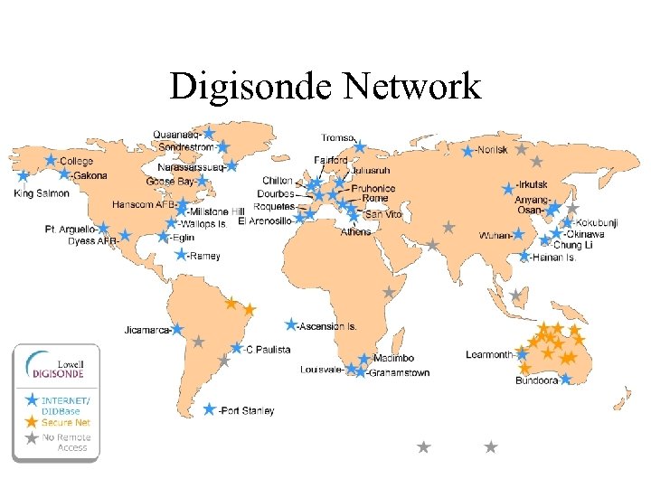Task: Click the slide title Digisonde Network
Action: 325,87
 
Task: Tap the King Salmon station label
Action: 42,192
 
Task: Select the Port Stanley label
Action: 246,411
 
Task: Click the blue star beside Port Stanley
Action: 210,409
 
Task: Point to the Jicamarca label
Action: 147,330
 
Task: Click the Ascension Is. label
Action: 329,325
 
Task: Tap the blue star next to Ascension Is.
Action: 291,324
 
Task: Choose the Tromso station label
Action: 338,137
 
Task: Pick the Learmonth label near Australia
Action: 489,354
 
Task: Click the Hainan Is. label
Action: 553,258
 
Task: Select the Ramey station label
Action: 203,256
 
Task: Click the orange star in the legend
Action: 32,421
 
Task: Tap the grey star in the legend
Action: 32,438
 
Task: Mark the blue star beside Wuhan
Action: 519,234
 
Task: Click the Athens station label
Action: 355,231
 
